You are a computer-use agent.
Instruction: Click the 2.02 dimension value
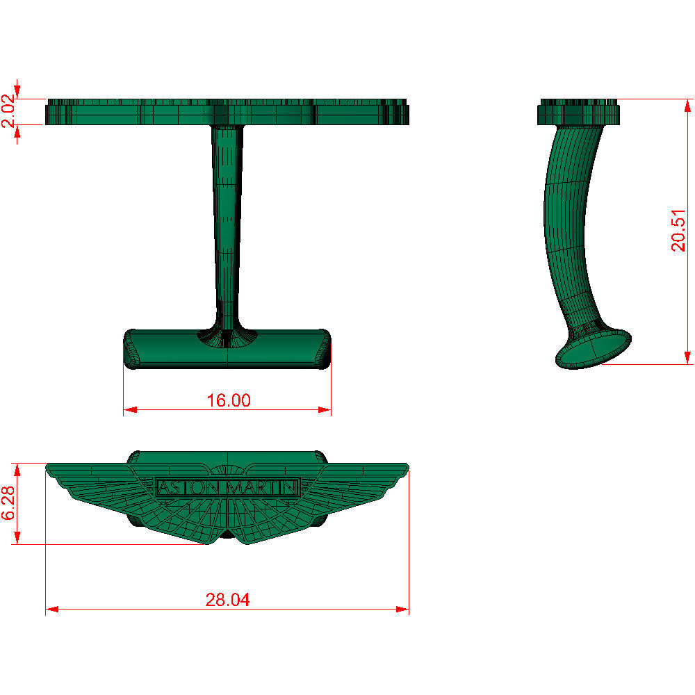point(8,112)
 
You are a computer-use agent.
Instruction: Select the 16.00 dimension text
point(229,400)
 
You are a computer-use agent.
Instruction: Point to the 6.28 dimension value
point(8,503)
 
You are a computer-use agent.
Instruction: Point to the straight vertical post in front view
point(227,222)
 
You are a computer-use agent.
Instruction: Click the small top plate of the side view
point(578,113)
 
